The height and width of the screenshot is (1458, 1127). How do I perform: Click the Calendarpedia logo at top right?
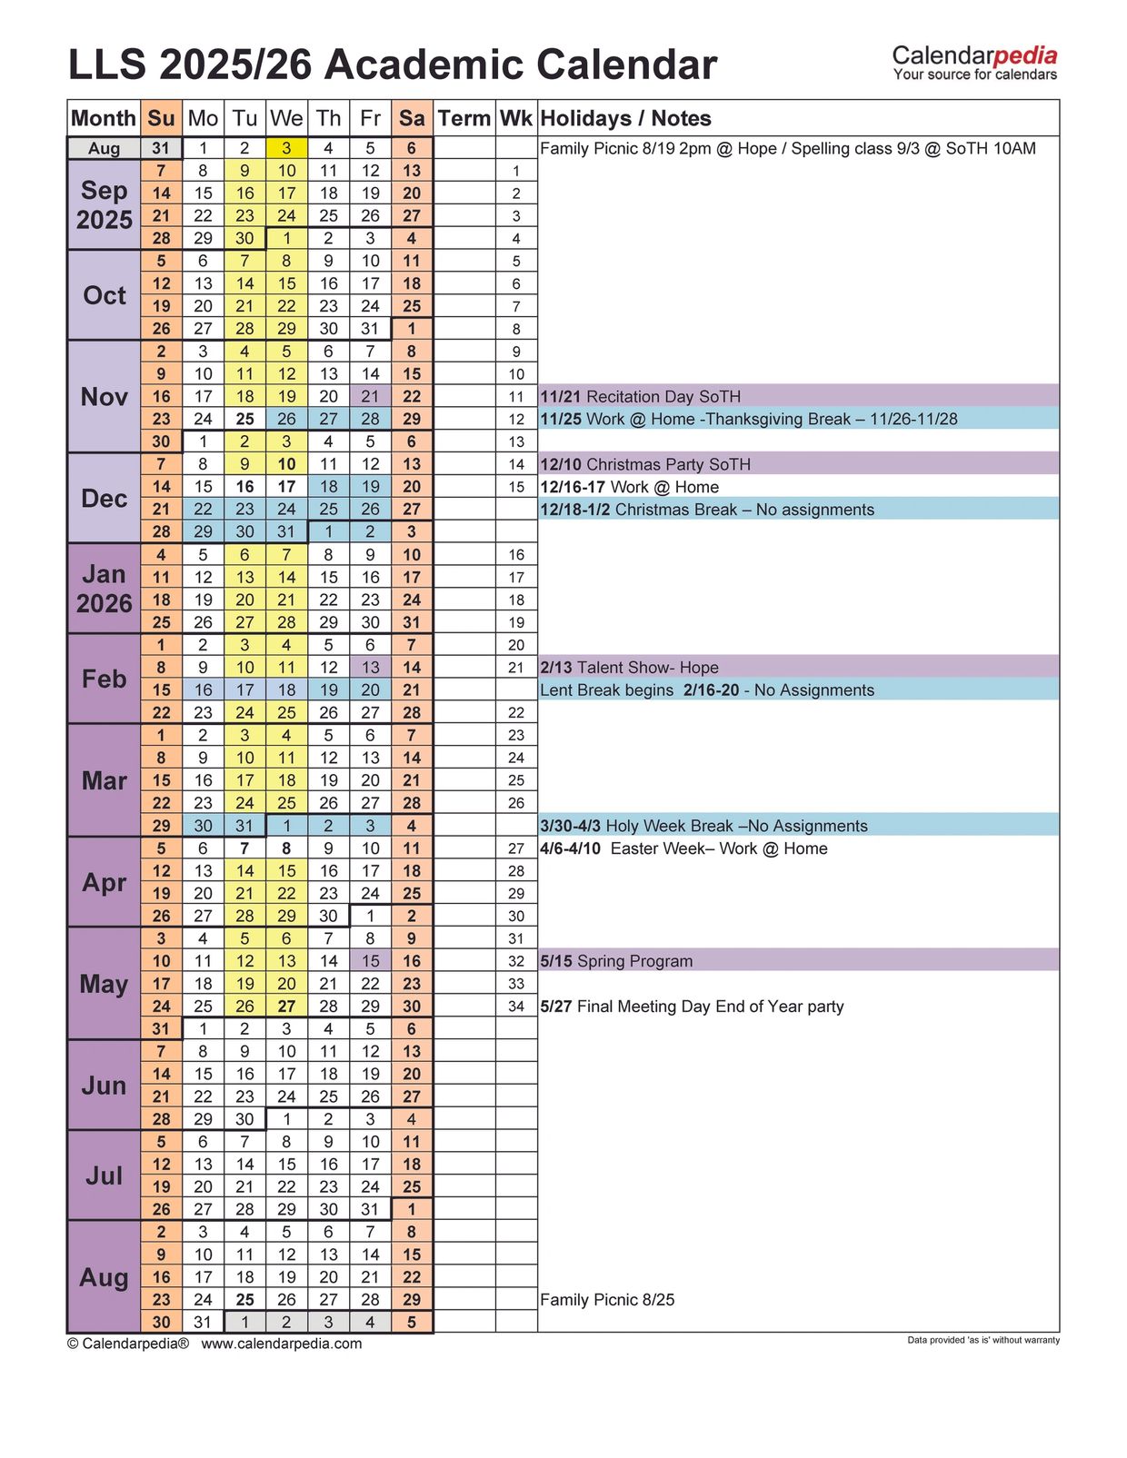pyautogui.click(x=974, y=63)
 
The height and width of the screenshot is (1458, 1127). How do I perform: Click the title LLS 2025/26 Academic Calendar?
pyautogui.click(x=393, y=65)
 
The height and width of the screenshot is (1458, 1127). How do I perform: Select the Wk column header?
pyautogui.click(x=516, y=118)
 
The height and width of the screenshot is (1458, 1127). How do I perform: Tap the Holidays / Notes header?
pyautogui.click(x=625, y=118)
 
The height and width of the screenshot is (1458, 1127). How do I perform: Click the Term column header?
pyautogui.click(x=464, y=118)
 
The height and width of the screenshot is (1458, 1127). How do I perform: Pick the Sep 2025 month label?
pyautogui.click(x=104, y=204)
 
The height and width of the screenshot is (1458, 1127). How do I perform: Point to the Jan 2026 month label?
pyautogui.click(x=104, y=589)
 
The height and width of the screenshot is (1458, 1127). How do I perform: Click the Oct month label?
pyautogui.click(x=104, y=295)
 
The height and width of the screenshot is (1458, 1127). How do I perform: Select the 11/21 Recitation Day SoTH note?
pyautogui.click(x=641, y=396)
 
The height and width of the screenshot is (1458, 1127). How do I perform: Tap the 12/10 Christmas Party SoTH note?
pyautogui.click(x=645, y=464)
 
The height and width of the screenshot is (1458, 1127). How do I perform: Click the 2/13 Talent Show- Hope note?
pyautogui.click(x=629, y=668)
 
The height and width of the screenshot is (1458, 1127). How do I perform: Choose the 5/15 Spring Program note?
pyautogui.click(x=616, y=961)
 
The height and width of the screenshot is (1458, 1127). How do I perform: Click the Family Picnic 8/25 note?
pyautogui.click(x=607, y=1300)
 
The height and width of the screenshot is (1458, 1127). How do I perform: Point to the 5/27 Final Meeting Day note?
pyautogui.click(x=692, y=1007)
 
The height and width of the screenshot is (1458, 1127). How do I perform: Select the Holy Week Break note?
pyautogui.click(x=703, y=826)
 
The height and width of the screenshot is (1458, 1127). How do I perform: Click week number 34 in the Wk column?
pyautogui.click(x=516, y=1007)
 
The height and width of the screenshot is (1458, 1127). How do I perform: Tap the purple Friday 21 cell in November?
pyautogui.click(x=370, y=396)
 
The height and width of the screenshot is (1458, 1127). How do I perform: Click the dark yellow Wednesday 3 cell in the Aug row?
pyautogui.click(x=286, y=148)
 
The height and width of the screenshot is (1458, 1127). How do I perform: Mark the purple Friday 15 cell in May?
pyautogui.click(x=370, y=961)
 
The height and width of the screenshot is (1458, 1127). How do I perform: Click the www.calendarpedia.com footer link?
pyautogui.click(x=281, y=1344)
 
